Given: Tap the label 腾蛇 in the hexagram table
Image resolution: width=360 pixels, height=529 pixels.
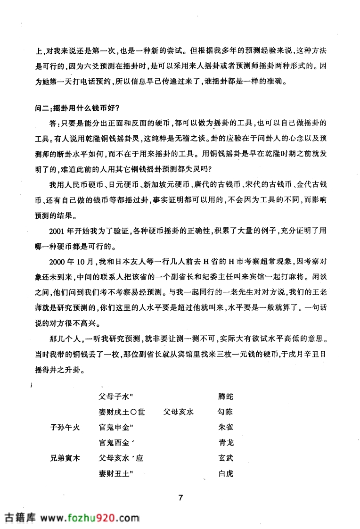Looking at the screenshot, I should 226,397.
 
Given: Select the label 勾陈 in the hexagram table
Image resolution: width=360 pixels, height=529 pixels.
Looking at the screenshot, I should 226,412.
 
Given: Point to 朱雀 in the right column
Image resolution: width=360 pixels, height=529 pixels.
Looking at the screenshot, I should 226,428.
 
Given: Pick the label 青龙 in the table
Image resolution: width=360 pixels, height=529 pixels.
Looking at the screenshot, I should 226,443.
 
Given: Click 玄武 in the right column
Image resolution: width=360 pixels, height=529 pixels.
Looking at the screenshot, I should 226,458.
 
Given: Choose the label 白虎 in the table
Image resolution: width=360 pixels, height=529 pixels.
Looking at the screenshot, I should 226,474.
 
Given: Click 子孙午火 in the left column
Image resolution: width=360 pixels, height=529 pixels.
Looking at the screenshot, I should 66,428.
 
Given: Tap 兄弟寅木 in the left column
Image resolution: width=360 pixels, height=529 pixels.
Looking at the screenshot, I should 66,458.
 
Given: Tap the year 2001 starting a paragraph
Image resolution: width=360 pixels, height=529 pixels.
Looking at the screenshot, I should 57,231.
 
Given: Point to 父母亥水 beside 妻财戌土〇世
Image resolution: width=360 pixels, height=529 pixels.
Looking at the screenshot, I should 179,412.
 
